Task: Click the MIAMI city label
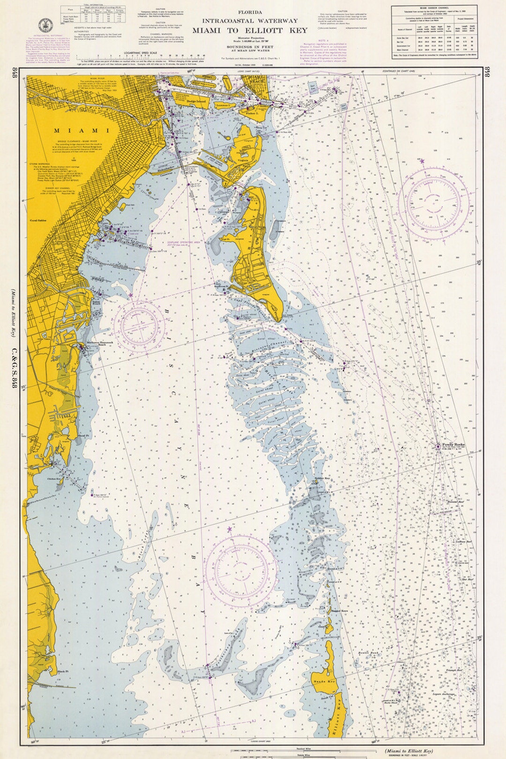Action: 82,131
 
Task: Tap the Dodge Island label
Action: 196,101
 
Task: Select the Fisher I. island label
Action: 252,113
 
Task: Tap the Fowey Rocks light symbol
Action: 438,446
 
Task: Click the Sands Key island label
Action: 324,681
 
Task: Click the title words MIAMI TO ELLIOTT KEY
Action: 250,30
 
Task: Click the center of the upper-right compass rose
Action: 434,203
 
